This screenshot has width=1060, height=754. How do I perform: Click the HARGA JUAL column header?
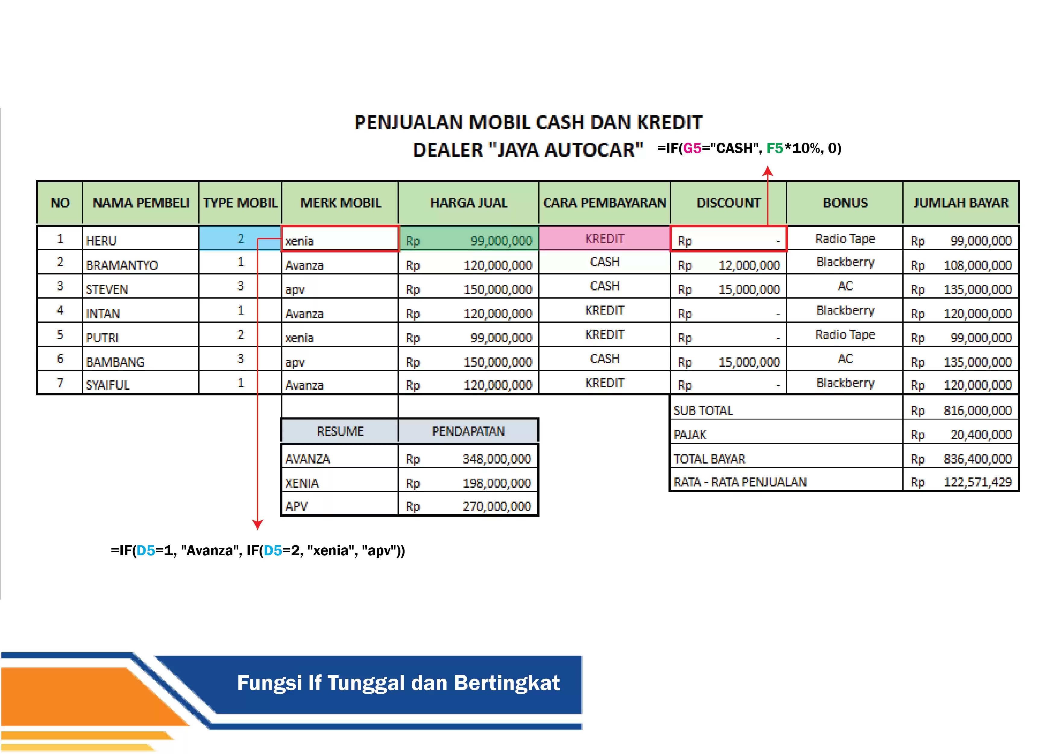pos(469,203)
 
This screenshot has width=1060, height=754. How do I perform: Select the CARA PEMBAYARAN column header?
pos(605,203)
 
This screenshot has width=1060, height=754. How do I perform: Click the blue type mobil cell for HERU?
pos(240,239)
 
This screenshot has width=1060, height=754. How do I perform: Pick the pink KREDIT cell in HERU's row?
pos(605,239)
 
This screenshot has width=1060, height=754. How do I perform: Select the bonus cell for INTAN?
pos(845,310)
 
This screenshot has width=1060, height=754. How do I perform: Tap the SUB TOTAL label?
pos(703,410)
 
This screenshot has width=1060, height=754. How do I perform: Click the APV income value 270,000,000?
pos(496,506)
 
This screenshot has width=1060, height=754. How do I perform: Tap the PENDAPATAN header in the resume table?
pos(468,431)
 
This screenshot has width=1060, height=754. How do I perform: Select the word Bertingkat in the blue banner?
pos(507,683)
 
